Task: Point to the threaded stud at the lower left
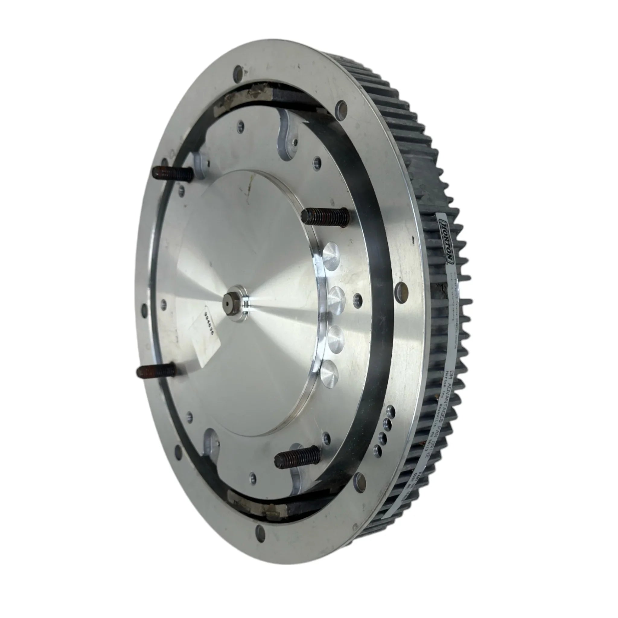(x=156, y=371)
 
